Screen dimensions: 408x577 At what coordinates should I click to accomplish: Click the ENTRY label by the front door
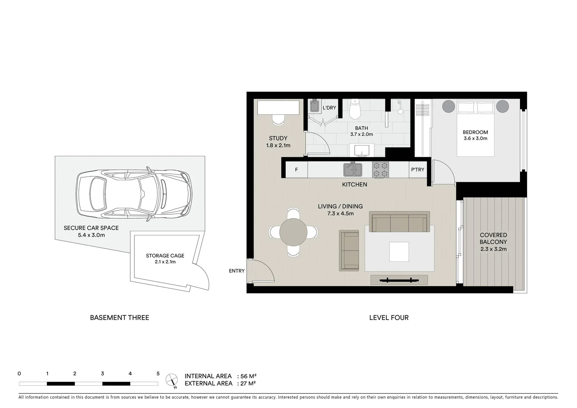tap(237, 271)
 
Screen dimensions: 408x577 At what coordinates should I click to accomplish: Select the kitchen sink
tap(352, 170)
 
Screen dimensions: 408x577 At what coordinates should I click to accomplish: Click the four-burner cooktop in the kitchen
tap(380, 170)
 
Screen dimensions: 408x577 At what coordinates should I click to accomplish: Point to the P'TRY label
tap(417, 170)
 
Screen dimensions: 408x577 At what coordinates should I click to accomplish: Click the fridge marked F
tap(296, 170)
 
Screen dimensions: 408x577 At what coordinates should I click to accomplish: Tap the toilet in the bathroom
tap(355, 109)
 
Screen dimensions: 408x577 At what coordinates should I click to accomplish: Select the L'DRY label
tap(329, 108)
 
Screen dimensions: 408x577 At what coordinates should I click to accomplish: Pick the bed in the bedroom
tap(475, 128)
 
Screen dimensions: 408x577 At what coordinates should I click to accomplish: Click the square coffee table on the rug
tap(399, 252)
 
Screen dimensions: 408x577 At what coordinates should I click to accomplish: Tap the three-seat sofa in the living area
tap(399, 222)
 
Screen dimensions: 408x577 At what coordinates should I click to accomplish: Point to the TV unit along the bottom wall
tap(399, 280)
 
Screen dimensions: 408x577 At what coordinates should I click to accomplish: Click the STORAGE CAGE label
tap(165, 256)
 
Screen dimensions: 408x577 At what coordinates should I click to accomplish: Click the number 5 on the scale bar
tap(158, 374)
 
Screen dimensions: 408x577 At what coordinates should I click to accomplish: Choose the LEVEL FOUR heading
tap(389, 318)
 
